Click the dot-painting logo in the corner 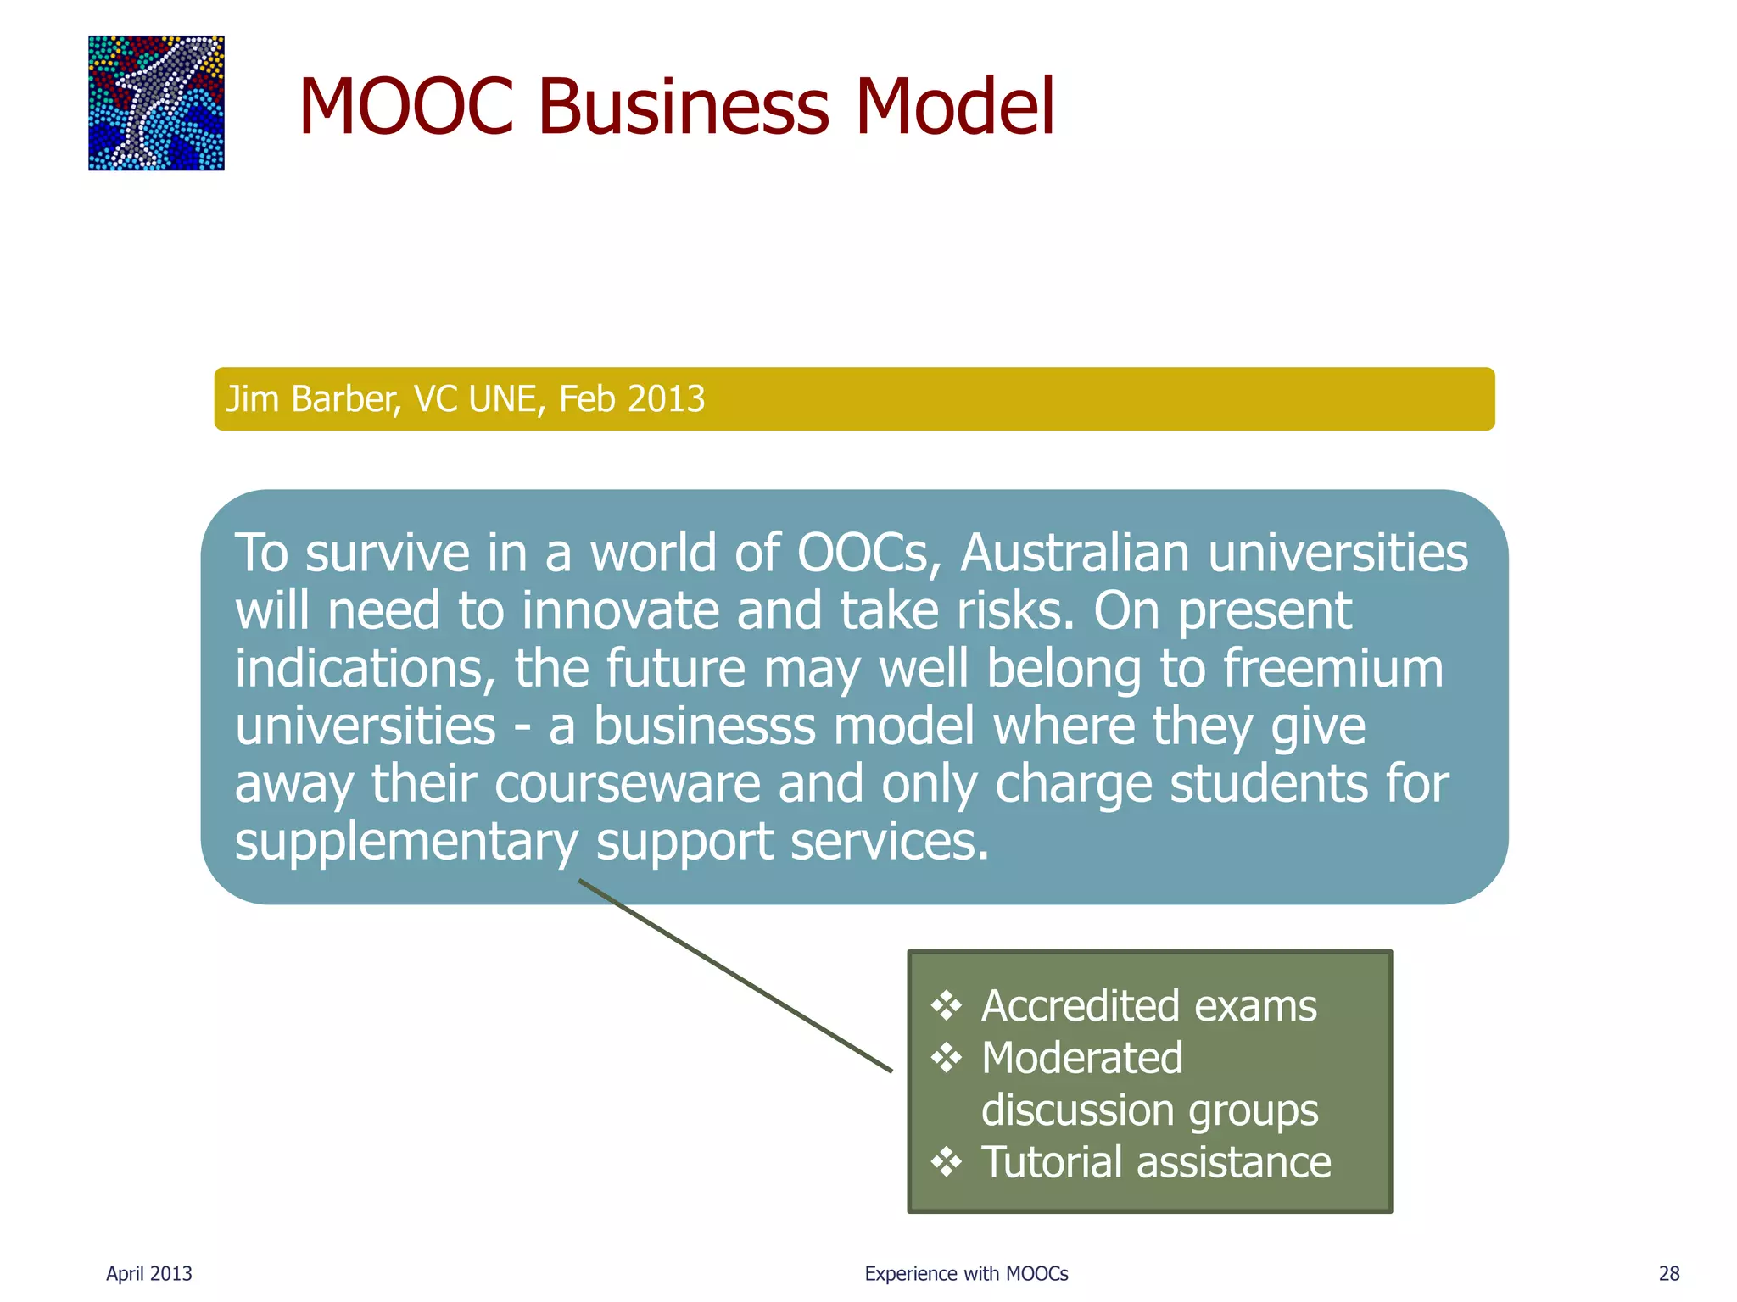156,103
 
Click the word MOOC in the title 406,107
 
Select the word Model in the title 955,107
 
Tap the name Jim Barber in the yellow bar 312,399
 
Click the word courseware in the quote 628,784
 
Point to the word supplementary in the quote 406,842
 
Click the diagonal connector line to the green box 735,976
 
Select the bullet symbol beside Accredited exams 946,1006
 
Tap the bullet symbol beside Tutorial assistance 946,1162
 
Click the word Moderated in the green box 1081,1058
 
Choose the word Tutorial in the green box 1051,1162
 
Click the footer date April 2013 149,1273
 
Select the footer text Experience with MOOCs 966,1273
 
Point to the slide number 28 1669,1273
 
